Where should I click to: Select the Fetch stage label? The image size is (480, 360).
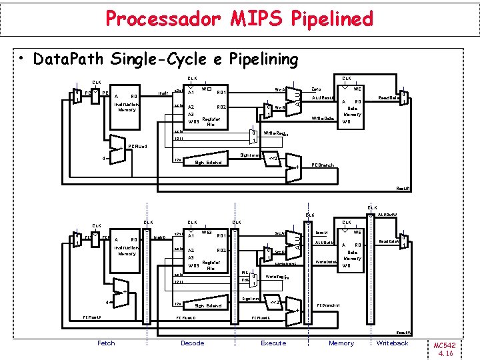(x=106, y=343)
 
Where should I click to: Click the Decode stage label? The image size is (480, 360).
(x=193, y=343)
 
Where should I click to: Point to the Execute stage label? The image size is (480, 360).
(x=273, y=343)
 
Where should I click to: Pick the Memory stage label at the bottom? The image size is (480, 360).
(x=341, y=343)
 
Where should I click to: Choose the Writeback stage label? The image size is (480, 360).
(x=392, y=343)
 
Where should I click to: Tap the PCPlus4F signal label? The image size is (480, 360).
(x=91, y=318)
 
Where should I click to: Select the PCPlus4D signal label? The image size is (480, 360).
(x=187, y=318)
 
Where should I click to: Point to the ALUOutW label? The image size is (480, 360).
(x=387, y=215)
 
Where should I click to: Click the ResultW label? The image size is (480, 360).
(x=403, y=332)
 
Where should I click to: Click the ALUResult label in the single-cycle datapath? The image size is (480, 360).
(x=323, y=97)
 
